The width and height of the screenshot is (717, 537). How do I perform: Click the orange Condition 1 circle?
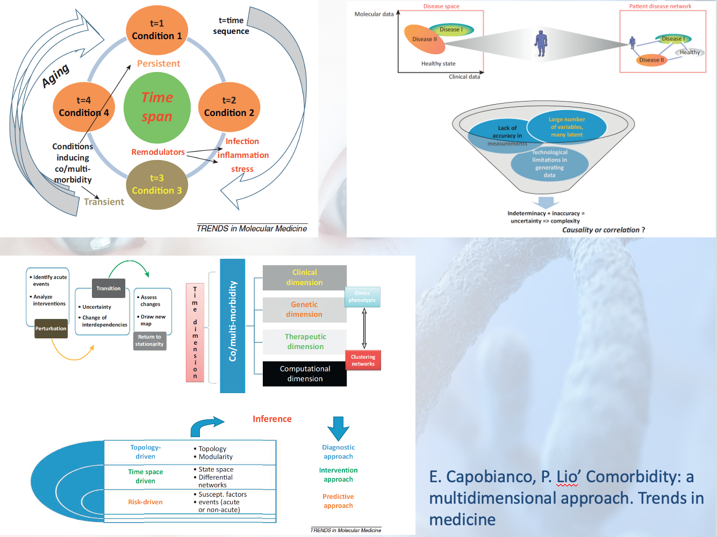point(157,30)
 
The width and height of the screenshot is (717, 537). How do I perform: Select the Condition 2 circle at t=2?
point(229,107)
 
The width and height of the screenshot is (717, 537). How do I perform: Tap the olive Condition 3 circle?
point(157,185)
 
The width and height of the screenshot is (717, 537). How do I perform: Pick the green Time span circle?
point(157,107)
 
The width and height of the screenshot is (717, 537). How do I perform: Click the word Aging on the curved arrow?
point(56,75)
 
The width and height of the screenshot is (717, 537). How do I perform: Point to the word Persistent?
point(159,63)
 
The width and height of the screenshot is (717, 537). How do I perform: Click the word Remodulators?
point(158,152)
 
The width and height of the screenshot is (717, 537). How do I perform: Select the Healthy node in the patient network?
point(690,53)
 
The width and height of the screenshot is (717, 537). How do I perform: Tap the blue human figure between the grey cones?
point(541,43)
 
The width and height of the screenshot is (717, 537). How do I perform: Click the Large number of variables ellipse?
point(567,127)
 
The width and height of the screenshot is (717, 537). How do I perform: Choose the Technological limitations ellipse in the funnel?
point(549,164)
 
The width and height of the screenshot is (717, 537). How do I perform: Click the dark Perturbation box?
point(51,329)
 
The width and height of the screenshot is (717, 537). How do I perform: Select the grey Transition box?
point(109,288)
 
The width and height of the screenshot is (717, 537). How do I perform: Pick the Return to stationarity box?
point(149,340)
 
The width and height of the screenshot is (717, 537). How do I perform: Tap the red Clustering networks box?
point(363,360)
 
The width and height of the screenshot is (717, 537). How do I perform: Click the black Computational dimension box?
point(305,374)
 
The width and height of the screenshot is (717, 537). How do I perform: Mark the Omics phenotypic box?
point(362,296)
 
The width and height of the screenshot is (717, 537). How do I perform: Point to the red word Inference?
point(272,419)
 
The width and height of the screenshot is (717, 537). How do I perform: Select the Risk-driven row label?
point(145,502)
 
